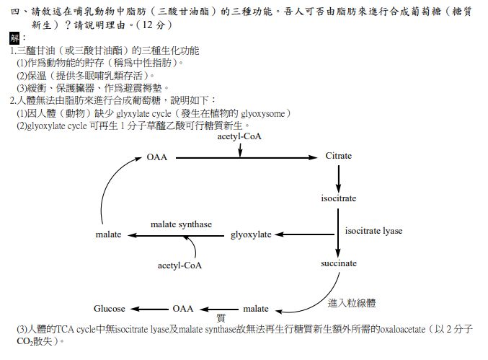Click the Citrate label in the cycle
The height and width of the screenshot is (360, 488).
click(338, 156)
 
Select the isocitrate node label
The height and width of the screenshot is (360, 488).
click(338, 198)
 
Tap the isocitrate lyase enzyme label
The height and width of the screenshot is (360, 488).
click(373, 231)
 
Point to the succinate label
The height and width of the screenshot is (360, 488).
click(339, 263)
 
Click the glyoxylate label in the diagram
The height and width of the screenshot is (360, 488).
click(251, 234)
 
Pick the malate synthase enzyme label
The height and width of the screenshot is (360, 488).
click(181, 224)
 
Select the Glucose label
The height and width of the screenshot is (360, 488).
click(110, 308)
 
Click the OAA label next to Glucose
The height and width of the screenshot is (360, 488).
click(183, 308)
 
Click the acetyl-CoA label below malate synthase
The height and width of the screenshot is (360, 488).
click(180, 265)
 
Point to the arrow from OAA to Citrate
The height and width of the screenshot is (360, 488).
click(245, 157)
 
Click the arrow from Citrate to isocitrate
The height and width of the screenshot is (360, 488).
click(338, 177)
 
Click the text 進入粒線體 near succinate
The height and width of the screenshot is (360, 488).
click(352, 303)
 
